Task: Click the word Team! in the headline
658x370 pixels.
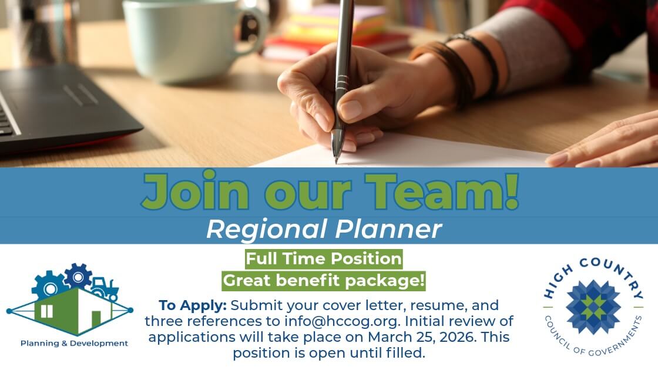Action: [x=442, y=190]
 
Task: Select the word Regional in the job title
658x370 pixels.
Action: [x=267, y=230]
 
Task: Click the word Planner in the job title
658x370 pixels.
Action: [x=388, y=229]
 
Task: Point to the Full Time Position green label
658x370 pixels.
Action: [x=324, y=259]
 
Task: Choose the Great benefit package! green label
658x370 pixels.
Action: [x=324, y=280]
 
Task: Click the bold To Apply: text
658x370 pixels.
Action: [x=193, y=305]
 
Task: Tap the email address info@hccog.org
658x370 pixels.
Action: [x=341, y=321]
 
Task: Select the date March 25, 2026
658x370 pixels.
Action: [x=422, y=337]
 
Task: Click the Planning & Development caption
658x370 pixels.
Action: [x=74, y=343]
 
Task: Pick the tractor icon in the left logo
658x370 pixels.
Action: [x=105, y=288]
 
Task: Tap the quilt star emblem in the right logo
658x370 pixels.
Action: [x=593, y=308]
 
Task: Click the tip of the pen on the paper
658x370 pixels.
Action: [x=336, y=162]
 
